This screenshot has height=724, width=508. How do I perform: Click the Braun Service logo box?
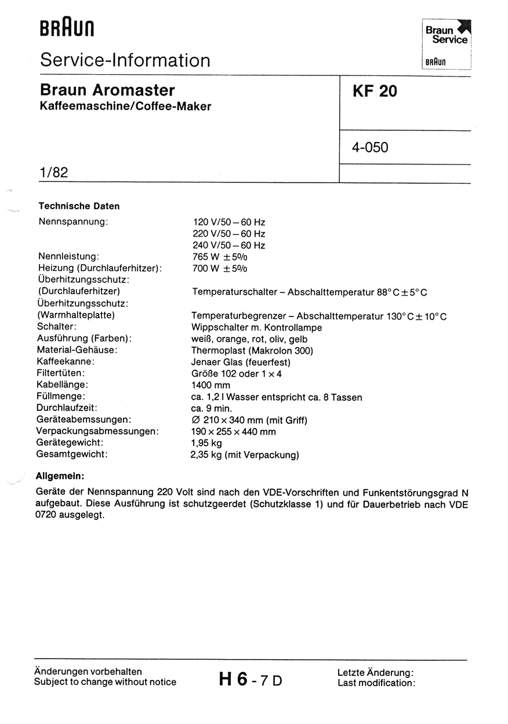click(447, 44)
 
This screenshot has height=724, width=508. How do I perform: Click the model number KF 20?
click(374, 92)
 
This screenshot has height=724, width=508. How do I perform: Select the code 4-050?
click(369, 148)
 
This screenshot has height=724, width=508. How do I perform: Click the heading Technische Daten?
click(79, 206)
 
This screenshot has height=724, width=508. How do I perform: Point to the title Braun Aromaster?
click(107, 90)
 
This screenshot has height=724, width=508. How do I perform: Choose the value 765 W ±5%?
click(219, 257)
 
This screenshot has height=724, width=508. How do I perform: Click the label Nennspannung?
click(73, 221)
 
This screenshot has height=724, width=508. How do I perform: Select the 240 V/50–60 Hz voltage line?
click(228, 245)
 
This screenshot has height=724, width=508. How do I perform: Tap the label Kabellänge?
click(63, 385)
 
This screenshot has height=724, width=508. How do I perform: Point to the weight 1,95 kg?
click(206, 443)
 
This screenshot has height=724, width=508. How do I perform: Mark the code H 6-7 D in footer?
click(251, 679)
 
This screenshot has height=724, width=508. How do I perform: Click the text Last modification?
click(376, 683)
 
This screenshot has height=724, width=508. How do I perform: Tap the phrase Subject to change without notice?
click(105, 682)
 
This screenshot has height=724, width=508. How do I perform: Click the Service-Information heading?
click(125, 60)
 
